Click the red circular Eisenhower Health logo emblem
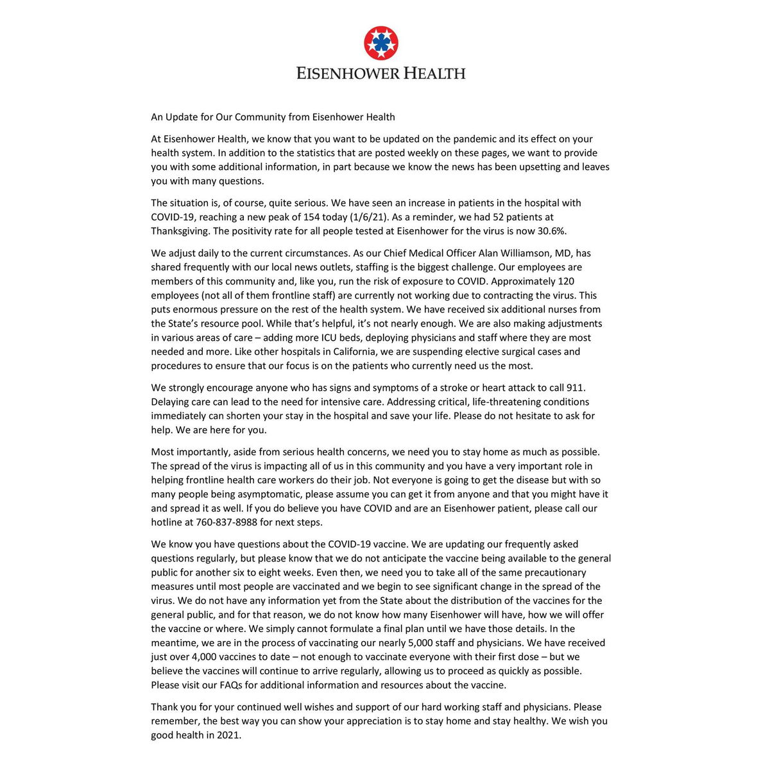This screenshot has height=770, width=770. (381, 44)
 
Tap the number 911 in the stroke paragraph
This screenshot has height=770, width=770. (576, 388)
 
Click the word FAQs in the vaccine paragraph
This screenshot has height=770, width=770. (230, 685)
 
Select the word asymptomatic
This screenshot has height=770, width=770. (268, 494)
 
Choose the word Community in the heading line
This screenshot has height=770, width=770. (259, 117)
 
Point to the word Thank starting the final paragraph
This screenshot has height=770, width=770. (164, 707)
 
